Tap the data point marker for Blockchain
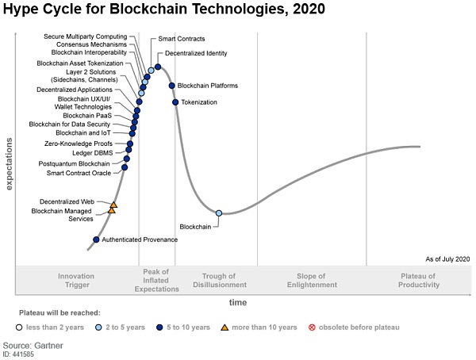pos(219,213)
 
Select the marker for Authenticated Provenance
pos(97,239)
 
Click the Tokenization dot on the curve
pos(175,101)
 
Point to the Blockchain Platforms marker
pos(171,86)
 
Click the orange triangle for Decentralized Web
pos(113,205)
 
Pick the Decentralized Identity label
pos(196,53)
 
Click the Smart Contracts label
pos(182,38)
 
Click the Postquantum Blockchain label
pos(75,163)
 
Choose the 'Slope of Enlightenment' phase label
pos(312,281)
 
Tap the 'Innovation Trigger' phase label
pos(76,281)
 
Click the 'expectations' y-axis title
pos(10,163)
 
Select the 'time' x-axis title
pos(238,303)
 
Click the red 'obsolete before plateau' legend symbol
pos(312,327)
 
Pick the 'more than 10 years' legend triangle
pos(225,327)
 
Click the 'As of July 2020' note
pos(447,259)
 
